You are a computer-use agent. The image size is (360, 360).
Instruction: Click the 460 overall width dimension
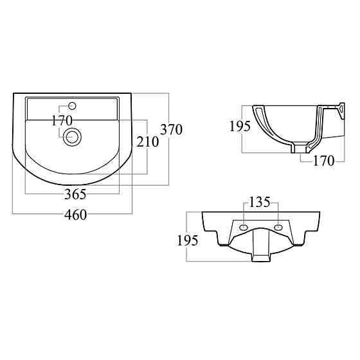click(x=76, y=215)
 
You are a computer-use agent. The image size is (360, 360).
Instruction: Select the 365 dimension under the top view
click(x=75, y=194)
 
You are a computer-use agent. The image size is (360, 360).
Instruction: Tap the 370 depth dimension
click(x=171, y=129)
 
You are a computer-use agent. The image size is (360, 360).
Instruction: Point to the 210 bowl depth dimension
click(x=148, y=141)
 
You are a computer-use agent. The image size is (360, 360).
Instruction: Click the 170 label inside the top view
click(x=62, y=121)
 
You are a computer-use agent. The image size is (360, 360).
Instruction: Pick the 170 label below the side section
click(x=324, y=161)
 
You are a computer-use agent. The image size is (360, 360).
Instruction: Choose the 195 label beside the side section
click(x=240, y=126)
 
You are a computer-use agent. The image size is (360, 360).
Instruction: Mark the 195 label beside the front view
click(x=187, y=240)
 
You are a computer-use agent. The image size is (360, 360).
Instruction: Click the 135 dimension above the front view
click(x=260, y=203)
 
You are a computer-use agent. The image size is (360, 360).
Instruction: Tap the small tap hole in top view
click(x=72, y=106)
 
